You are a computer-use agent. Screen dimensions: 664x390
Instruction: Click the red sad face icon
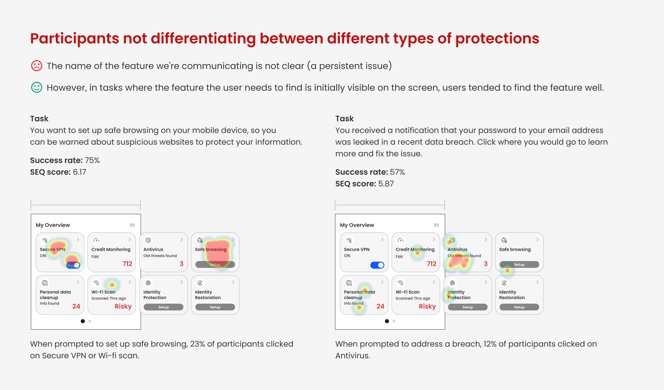click(36, 66)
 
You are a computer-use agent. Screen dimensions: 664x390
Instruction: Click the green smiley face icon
click(36, 87)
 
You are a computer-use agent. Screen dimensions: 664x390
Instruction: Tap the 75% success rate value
click(92, 160)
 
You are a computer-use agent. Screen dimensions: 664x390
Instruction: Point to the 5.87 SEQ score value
click(386, 184)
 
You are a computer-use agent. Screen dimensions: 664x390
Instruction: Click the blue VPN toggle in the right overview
click(377, 265)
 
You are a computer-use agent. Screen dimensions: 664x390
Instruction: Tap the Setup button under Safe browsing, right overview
click(519, 265)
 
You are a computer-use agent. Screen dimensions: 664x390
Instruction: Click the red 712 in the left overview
click(127, 264)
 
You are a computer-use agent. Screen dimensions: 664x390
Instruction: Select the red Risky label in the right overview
click(427, 306)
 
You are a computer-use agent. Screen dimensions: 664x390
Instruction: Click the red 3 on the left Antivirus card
click(182, 264)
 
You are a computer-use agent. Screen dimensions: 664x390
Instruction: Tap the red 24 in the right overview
click(380, 306)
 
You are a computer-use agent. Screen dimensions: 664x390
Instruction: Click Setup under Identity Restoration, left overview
click(215, 307)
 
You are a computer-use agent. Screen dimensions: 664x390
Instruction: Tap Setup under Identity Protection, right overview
click(468, 307)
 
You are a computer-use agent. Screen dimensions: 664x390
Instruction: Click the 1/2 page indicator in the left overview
click(132, 225)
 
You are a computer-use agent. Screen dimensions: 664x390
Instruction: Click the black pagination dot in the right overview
click(387, 321)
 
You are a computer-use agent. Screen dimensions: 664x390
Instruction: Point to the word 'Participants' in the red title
click(75, 39)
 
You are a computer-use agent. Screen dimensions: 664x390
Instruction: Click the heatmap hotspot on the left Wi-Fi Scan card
click(112, 285)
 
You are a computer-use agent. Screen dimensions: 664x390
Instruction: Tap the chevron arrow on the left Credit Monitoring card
click(130, 240)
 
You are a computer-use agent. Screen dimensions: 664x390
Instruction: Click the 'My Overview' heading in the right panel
click(357, 225)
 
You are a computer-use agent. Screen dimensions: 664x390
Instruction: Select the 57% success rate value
click(397, 172)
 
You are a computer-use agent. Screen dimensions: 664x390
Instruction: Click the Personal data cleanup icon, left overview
click(44, 283)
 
